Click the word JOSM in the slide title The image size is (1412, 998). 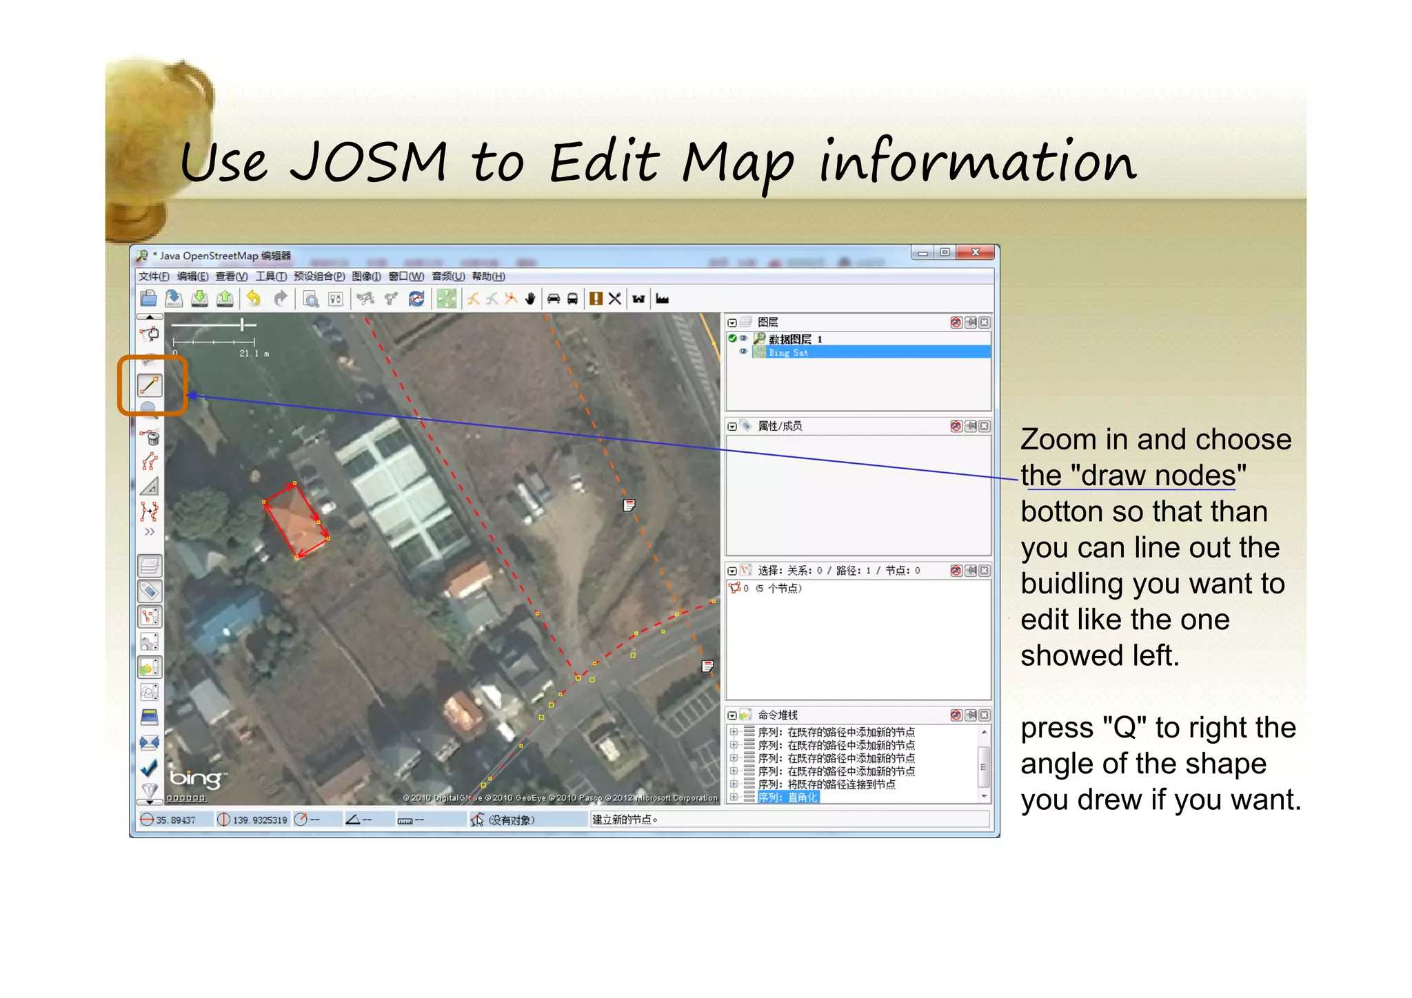(x=369, y=163)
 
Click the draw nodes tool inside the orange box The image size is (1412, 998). (x=150, y=385)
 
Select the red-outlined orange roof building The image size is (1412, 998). (x=295, y=520)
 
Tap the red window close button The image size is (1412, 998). (x=975, y=253)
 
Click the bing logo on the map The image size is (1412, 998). (x=196, y=779)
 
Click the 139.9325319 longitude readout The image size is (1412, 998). (x=259, y=820)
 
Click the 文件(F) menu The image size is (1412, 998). (x=153, y=276)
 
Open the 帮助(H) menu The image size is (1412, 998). (x=488, y=276)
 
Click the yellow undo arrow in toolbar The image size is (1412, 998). (x=254, y=298)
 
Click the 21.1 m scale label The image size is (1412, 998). (x=254, y=354)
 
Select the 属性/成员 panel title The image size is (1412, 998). (x=780, y=426)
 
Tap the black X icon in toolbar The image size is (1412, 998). (x=615, y=298)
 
